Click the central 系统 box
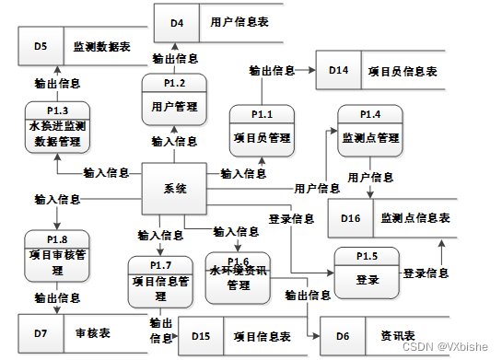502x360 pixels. pos(175,190)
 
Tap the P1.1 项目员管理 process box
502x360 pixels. pos(262,132)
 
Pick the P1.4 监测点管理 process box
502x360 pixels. pos(369,131)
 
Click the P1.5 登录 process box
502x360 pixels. pos(367,273)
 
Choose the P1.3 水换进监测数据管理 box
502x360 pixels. pos(59,129)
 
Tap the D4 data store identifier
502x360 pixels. pos(176,20)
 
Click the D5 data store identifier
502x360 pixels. pos(41,44)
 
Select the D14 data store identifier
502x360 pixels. pos(338,70)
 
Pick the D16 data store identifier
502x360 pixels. pos(350,218)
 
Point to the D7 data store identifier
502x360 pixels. pos(41,329)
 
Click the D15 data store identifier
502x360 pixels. pos(201,336)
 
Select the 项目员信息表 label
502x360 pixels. pos(403,70)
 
